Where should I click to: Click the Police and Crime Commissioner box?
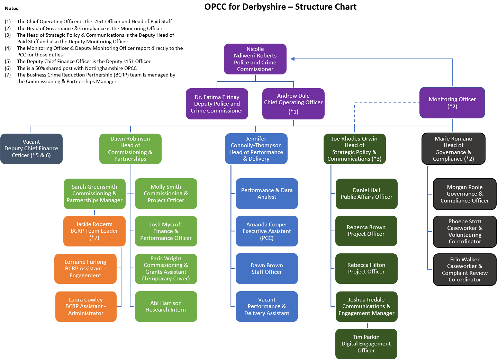(255, 59)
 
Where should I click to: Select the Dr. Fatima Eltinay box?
(217, 104)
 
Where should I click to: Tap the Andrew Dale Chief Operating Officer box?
(293, 104)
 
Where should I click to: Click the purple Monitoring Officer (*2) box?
(452, 103)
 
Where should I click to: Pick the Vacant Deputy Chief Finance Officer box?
(31, 149)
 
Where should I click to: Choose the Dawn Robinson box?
(130, 149)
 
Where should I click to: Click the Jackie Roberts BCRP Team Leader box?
(94, 231)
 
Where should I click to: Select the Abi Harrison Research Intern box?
(166, 306)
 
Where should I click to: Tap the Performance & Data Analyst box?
(266, 194)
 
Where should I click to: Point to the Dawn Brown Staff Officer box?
(266, 269)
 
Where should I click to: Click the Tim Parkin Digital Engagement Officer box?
(366, 344)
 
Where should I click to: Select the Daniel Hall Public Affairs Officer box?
(366, 194)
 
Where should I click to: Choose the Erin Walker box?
(465, 270)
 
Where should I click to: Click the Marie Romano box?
(453, 149)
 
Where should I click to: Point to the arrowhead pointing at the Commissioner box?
(292, 59)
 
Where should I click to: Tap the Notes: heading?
(12, 8)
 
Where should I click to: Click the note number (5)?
(8, 61)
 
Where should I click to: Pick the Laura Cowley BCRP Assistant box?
(86, 307)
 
